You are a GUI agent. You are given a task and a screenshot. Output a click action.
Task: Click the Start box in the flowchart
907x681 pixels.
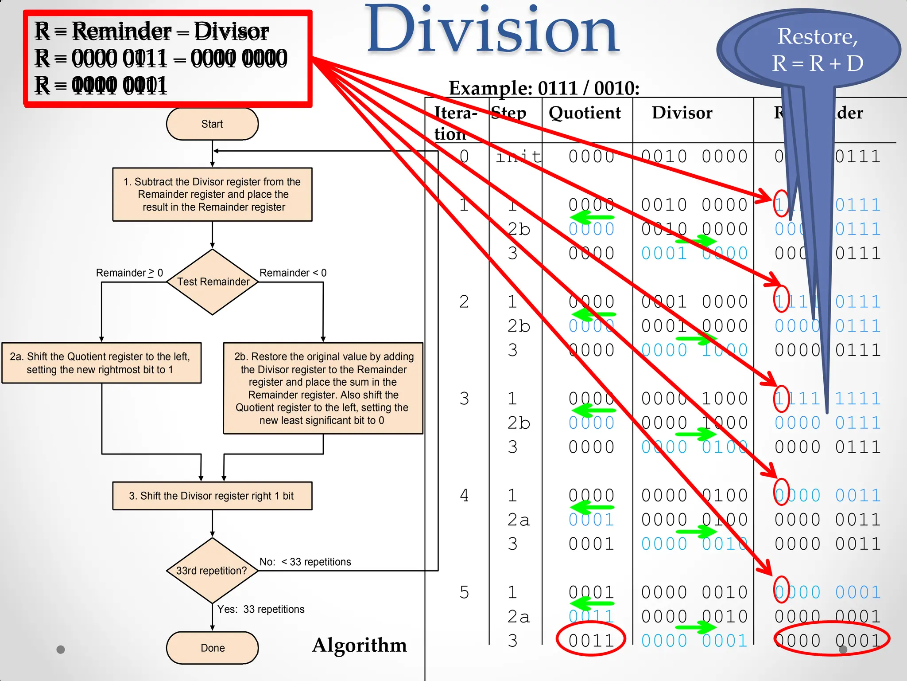pos(212,124)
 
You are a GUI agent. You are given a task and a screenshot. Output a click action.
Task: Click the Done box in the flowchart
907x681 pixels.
pos(212,648)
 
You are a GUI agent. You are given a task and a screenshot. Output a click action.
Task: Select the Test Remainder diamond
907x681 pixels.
pos(213,282)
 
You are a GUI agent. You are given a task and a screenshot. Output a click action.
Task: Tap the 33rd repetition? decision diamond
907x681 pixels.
pos(212,571)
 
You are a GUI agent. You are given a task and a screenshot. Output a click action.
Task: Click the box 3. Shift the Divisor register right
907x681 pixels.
pos(212,496)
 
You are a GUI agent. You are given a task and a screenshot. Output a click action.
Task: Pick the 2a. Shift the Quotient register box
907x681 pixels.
pos(101,363)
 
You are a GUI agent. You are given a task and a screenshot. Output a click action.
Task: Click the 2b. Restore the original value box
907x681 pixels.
pos(323,388)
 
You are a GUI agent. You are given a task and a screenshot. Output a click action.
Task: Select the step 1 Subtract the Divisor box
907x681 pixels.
pos(212,194)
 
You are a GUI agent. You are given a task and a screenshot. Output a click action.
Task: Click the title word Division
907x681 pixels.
pos(492,31)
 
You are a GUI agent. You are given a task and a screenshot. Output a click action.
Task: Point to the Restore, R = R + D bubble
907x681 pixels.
pos(818,49)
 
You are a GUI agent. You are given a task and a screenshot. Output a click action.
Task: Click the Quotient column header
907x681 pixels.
pos(585,113)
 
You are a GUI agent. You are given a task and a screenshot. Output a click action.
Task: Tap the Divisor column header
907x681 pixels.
pos(682,113)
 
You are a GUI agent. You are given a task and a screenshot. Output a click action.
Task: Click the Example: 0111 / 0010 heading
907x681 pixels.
pos(544,88)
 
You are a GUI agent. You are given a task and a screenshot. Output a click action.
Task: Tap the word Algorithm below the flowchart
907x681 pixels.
pos(359,645)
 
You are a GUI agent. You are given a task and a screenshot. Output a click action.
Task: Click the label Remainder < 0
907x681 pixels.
pos(293,273)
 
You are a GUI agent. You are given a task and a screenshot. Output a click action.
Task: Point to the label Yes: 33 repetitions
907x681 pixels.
pos(261,609)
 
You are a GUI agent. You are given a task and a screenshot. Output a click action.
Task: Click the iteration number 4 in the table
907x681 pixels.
pos(464,496)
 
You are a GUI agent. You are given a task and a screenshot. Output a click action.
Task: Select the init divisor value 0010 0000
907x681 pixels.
pos(694,157)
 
